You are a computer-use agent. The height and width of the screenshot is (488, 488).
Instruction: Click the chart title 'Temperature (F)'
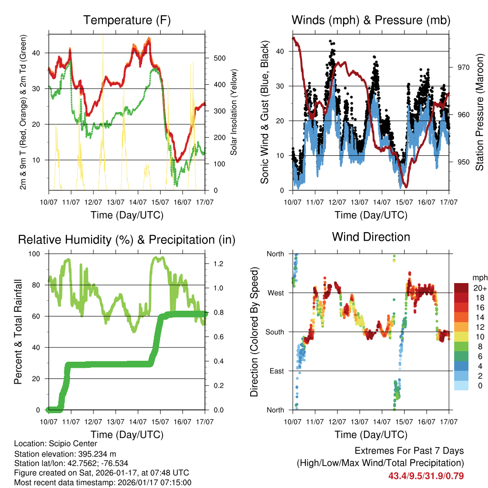coord(127,20)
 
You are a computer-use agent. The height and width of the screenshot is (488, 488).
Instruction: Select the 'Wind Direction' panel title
coord(371,237)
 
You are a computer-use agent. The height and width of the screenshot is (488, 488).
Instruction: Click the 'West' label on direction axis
coord(275,293)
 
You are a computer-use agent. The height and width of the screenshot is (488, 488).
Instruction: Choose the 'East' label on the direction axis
coord(275,371)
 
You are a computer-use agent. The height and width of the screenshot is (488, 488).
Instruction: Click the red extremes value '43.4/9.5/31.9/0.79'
coord(426,476)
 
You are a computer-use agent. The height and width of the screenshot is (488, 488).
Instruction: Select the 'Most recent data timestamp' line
coord(103,482)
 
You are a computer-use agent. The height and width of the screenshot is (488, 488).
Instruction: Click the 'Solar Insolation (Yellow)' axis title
coord(234,112)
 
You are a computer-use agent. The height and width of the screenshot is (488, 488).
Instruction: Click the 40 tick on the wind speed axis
coord(280,51)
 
